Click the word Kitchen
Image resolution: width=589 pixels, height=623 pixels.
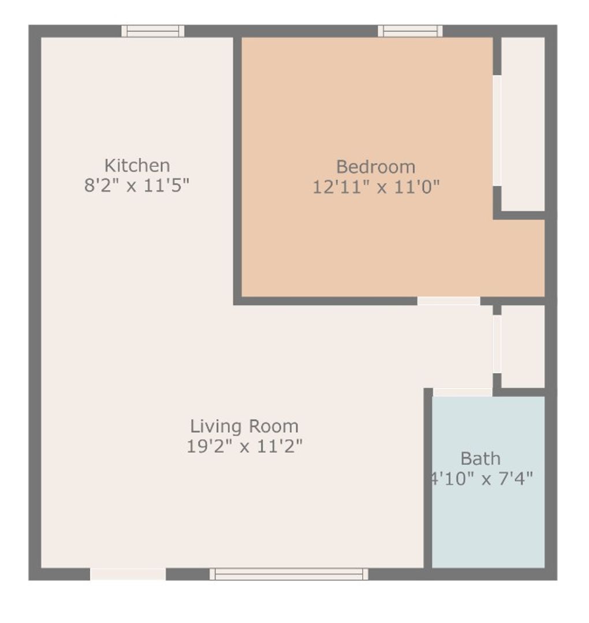point(137,166)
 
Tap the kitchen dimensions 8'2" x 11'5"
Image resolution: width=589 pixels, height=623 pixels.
point(137,186)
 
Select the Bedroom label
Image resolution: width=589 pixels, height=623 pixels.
point(375,167)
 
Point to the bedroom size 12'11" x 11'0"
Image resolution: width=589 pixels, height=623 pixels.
point(376,187)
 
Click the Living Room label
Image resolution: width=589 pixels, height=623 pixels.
point(244,426)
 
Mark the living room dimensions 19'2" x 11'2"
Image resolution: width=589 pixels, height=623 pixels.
point(244,446)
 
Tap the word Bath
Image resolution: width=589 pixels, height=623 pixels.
point(480,459)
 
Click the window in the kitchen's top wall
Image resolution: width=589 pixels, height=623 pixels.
point(153,31)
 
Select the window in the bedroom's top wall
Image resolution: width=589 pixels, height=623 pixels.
point(410,31)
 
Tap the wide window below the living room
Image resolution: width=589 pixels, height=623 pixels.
point(289,574)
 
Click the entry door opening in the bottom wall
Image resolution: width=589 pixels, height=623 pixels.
point(128,574)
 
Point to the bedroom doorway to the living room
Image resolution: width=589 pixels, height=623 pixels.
point(449,301)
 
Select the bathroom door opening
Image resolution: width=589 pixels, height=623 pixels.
point(462,392)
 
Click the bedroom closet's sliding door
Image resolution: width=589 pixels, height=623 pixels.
point(497,130)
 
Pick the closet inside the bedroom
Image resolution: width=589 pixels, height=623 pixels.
point(523,124)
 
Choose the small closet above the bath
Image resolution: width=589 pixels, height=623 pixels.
point(523,346)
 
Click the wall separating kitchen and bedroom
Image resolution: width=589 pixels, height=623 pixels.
point(237,167)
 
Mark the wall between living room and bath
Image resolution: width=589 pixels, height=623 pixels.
point(428,479)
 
